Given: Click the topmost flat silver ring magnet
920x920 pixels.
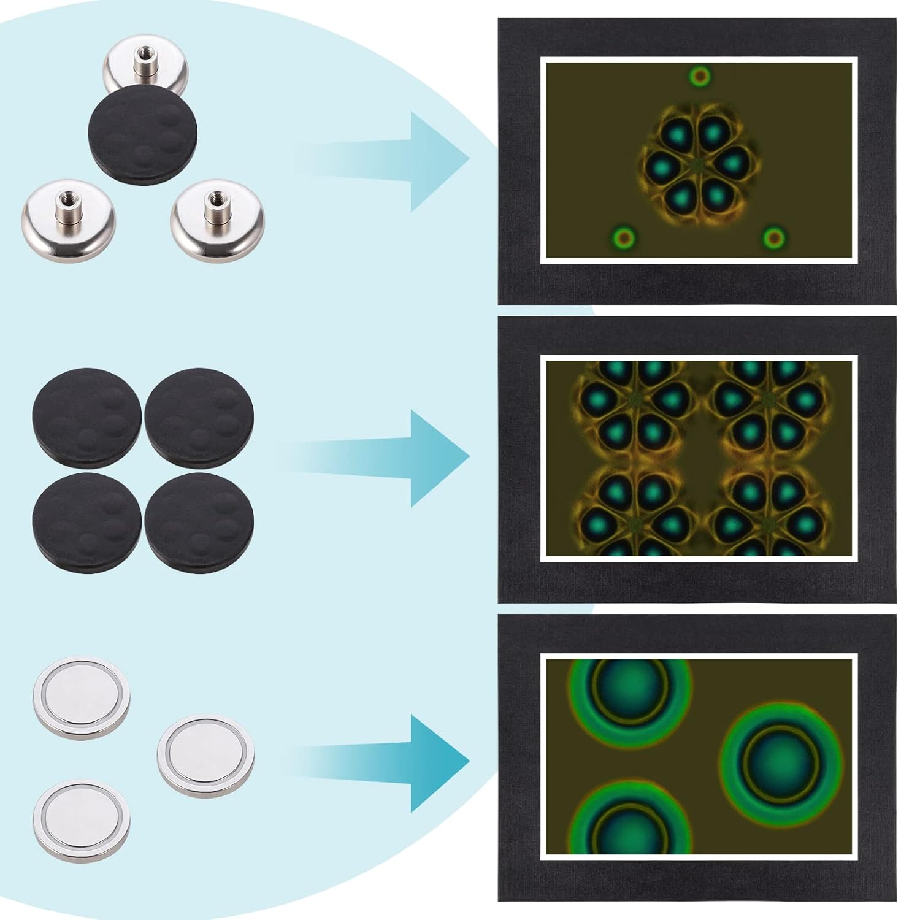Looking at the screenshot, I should pyautogui.click(x=81, y=699).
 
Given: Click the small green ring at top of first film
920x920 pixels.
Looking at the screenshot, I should pyautogui.click(x=699, y=77).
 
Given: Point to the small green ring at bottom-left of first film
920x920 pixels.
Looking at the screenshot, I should pyautogui.click(x=624, y=237).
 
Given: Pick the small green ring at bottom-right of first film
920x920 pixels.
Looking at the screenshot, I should pyautogui.click(x=774, y=237).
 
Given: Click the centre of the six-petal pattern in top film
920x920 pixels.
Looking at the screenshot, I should pyautogui.click(x=697, y=164).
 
